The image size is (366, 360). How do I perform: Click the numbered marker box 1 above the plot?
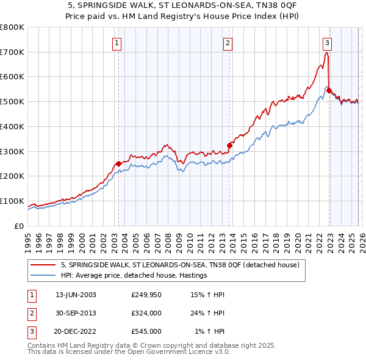[x=116, y=43]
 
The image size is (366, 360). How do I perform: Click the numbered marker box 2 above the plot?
[x=227, y=43]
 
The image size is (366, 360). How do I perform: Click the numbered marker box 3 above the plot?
[x=327, y=43]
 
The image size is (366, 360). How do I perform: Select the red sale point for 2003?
[x=118, y=164]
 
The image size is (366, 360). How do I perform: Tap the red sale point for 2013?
[x=230, y=145]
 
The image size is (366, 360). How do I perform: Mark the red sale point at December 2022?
[x=329, y=91]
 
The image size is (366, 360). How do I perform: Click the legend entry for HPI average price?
[x=134, y=276]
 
